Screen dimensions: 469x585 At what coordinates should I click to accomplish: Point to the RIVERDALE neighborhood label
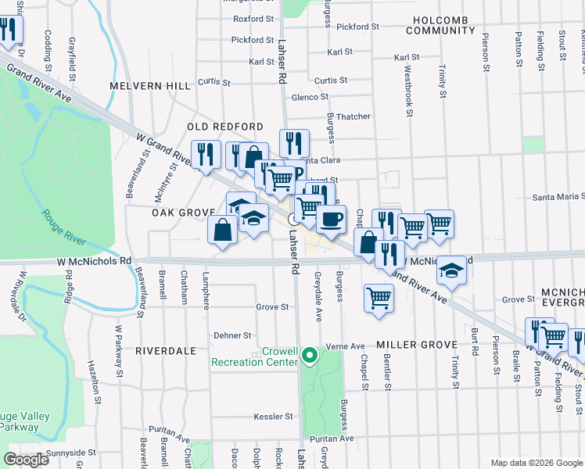165,351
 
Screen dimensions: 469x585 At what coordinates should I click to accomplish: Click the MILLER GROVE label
415,345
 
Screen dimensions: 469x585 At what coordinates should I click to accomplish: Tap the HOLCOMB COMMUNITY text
440,24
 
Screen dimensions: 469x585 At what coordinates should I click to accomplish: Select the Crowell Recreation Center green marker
310,356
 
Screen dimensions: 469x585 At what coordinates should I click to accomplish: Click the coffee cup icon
331,219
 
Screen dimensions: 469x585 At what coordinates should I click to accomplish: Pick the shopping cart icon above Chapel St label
379,297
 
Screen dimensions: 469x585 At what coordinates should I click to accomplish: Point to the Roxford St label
253,18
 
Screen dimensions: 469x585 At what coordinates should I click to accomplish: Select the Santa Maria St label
558,198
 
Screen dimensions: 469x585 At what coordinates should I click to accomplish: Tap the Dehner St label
233,335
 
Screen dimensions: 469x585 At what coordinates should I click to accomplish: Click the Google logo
27,460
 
